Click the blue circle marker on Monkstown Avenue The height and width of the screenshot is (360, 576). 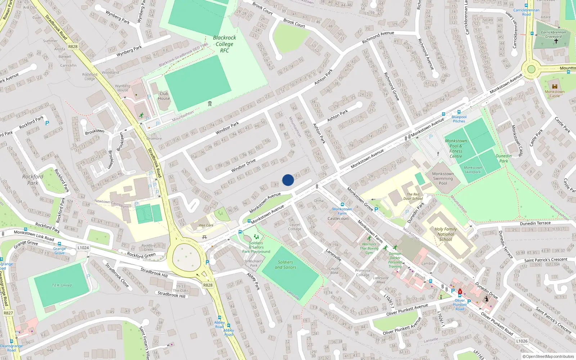(288, 180)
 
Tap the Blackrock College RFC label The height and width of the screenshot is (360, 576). (224, 44)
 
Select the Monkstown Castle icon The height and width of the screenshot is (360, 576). (554, 86)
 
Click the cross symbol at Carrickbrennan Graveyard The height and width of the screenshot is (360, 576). (556, 41)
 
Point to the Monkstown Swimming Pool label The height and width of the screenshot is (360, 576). (443, 178)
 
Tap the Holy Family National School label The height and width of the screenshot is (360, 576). (445, 234)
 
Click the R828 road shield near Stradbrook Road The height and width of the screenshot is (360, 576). (73, 46)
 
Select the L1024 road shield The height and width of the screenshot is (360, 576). (83, 248)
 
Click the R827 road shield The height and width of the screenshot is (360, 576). (8, 313)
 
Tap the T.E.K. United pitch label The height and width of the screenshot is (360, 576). (62, 285)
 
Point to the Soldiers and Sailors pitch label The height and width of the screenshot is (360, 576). (285, 265)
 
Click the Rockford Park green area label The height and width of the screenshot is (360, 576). (33, 180)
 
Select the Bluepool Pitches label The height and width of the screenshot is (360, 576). (459, 119)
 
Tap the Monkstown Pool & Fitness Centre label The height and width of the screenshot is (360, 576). (456, 149)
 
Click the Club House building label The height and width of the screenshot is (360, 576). (164, 96)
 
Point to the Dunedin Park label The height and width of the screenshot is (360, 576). (504, 158)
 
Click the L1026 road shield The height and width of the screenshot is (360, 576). (522, 341)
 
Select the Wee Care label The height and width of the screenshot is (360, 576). (206, 225)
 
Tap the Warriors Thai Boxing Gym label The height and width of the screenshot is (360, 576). (369, 248)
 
